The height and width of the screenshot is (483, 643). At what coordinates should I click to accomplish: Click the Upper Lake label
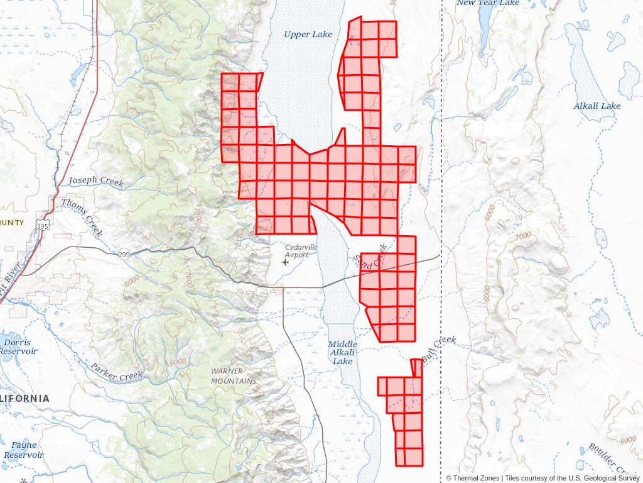pyautogui.click(x=308, y=35)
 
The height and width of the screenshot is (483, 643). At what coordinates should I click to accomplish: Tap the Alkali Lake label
pyautogui.click(x=597, y=106)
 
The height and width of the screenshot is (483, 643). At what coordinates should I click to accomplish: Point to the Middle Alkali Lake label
pyautogui.click(x=343, y=353)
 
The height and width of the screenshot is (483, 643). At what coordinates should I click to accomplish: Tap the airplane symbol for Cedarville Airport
pyautogui.click(x=286, y=262)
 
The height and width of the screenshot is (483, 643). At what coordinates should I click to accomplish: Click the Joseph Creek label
pyautogui.click(x=96, y=181)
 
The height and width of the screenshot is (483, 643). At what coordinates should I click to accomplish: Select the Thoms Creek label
pyautogui.click(x=82, y=217)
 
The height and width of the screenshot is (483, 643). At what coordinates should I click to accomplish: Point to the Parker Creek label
pyautogui.click(x=116, y=371)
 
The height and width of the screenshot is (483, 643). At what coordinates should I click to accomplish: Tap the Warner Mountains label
pyautogui.click(x=234, y=376)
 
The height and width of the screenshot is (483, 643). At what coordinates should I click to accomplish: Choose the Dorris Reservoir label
pyautogui.click(x=18, y=347)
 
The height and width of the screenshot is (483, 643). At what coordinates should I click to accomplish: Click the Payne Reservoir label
pyautogui.click(x=24, y=450)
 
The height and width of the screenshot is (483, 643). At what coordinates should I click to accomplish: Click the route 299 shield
pyautogui.click(x=124, y=254)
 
